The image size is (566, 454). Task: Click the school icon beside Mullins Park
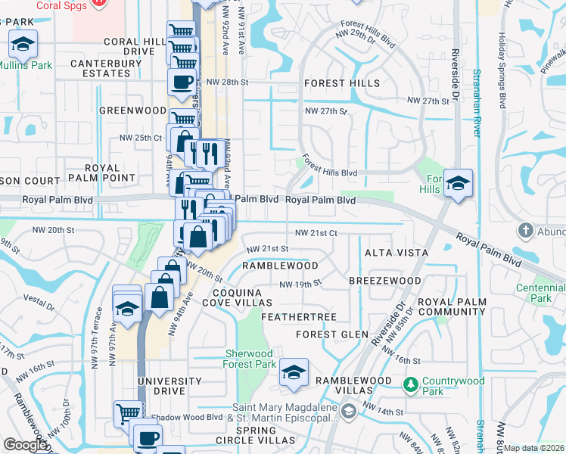23,45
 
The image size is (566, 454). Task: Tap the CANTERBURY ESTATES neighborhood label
100,68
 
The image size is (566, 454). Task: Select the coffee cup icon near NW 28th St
182,82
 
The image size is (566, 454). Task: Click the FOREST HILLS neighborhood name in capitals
342,83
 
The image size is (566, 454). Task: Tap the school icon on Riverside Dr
458,183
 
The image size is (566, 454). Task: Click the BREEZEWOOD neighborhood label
384,281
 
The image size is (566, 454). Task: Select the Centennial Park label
540,293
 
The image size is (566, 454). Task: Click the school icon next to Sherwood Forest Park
294,372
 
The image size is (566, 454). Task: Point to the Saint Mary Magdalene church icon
348,412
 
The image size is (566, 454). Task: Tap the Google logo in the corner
25,445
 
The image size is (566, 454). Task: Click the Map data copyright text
533,448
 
